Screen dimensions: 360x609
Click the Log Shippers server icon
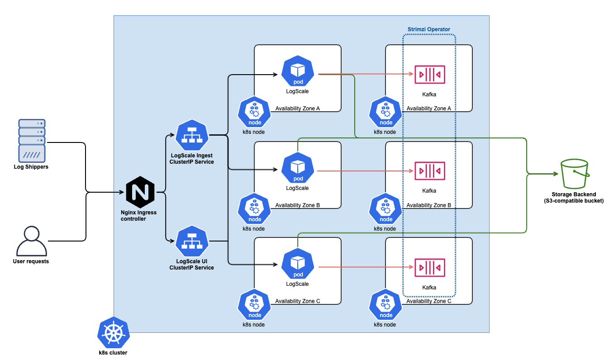[x=32, y=140]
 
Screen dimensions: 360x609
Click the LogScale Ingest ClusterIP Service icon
[x=191, y=136]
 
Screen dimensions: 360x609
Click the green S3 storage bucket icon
[x=574, y=174]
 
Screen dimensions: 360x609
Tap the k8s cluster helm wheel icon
[x=114, y=333]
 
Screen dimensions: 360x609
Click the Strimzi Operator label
[x=428, y=29]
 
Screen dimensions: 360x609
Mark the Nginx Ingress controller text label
[x=139, y=215]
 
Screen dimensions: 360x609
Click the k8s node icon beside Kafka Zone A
[x=386, y=112]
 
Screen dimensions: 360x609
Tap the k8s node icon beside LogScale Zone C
[x=255, y=304]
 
